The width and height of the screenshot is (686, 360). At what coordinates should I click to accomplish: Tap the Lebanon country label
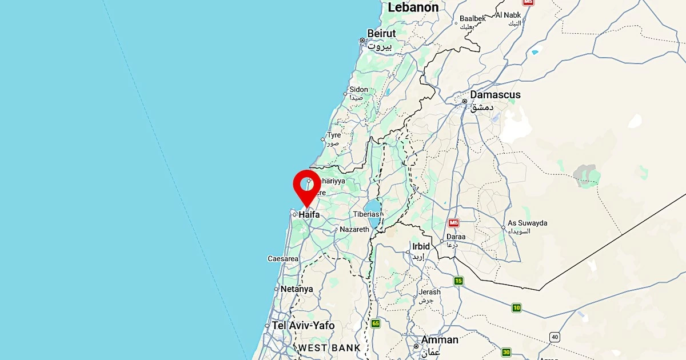[x=413, y=7]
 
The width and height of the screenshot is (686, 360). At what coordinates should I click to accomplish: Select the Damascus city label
[x=495, y=95]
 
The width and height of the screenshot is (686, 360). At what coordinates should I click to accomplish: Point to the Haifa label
[x=309, y=215]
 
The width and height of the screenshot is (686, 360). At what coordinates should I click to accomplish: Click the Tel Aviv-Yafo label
[x=303, y=325]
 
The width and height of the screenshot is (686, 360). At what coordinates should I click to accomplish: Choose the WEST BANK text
[x=329, y=347]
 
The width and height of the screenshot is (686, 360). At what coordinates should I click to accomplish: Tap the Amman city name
[x=440, y=340]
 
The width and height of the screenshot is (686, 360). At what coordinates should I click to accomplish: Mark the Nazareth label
[x=354, y=229]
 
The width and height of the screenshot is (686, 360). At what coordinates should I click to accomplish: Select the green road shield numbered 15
[x=458, y=281]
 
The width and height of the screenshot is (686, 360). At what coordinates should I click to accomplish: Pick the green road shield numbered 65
[x=376, y=323]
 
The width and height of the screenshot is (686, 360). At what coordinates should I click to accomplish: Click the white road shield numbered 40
[x=555, y=337]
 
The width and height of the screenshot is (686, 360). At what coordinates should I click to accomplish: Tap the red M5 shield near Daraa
[x=454, y=223]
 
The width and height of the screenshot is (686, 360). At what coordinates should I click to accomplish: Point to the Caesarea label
[x=283, y=259]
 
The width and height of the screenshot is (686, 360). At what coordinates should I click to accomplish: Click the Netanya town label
[x=297, y=289]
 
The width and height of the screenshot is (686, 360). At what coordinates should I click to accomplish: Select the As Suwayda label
[x=528, y=223]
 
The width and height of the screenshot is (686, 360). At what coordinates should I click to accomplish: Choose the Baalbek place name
[x=473, y=19]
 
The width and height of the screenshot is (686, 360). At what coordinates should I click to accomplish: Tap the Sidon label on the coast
[x=359, y=90]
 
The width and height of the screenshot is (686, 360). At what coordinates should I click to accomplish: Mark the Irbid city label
[x=421, y=246]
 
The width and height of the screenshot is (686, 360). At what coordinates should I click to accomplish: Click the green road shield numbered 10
[x=517, y=308]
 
